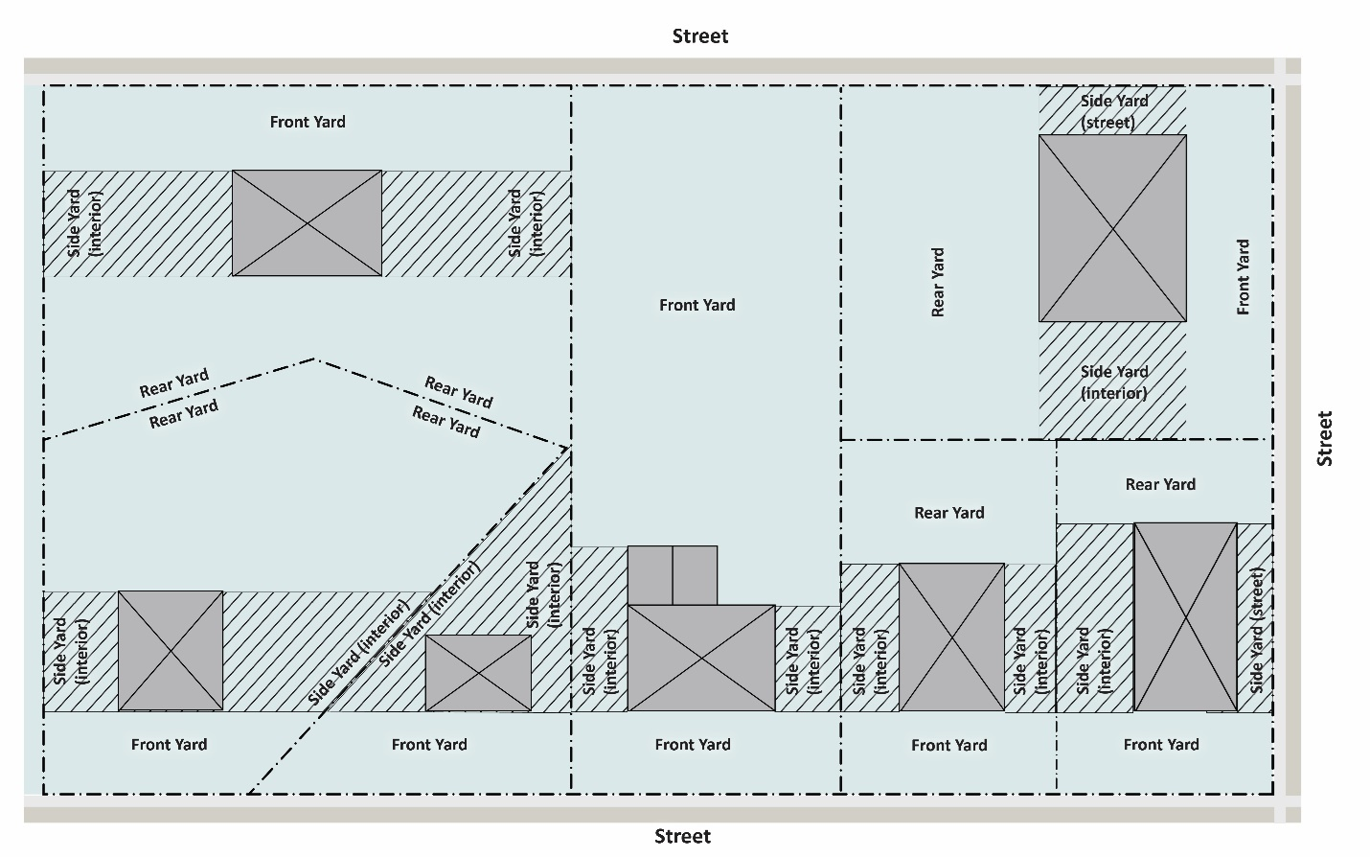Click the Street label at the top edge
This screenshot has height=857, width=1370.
click(x=700, y=36)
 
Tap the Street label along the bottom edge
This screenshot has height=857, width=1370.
click(x=682, y=836)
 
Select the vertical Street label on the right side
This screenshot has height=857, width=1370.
click(x=1325, y=438)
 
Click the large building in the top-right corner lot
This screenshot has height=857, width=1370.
click(x=1112, y=228)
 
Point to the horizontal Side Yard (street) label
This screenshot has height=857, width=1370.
click(x=1113, y=111)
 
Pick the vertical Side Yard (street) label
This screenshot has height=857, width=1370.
click(x=1257, y=631)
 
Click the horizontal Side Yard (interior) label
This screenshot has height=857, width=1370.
click(x=1113, y=382)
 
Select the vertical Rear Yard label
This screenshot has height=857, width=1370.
click(x=938, y=282)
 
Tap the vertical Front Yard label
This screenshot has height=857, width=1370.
click(x=1243, y=277)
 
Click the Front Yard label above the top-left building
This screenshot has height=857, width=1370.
click(x=308, y=122)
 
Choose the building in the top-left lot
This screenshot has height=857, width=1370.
click(x=307, y=223)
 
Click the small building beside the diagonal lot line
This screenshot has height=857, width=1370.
click(x=478, y=673)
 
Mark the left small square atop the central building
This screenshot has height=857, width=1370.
click(x=650, y=575)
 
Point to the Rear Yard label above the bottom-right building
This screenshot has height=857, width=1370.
click(x=1160, y=484)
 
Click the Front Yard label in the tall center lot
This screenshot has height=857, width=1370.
click(x=697, y=305)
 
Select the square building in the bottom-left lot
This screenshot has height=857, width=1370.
click(x=171, y=650)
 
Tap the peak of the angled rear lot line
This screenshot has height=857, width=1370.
click(x=315, y=359)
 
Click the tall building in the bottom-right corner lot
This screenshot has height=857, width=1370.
click(x=1185, y=616)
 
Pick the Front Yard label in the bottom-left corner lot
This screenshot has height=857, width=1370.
click(x=169, y=744)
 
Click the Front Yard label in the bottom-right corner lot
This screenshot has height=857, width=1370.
click(x=1161, y=744)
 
